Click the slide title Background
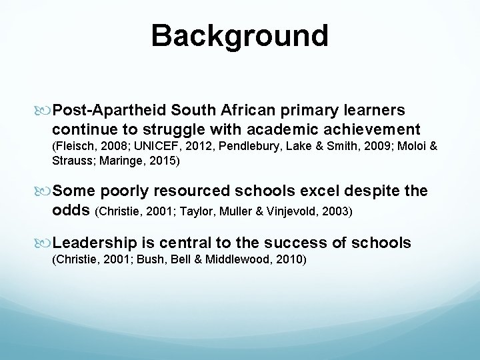pos(239,35)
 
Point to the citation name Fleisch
pos(73,147)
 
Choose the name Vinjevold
pos(305,212)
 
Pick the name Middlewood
pos(243,258)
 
